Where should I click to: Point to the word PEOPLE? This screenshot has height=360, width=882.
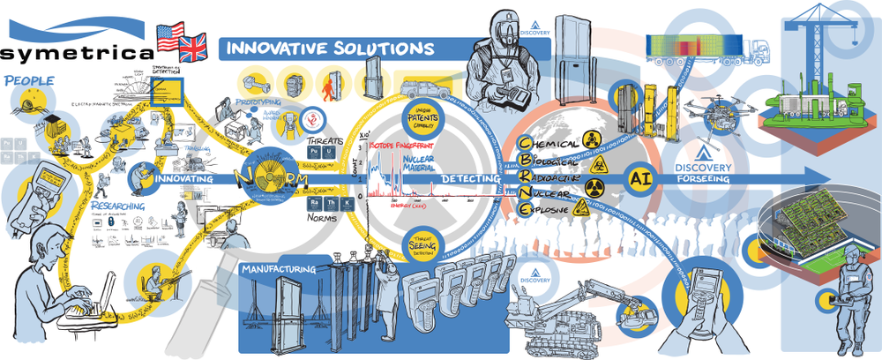[29, 82]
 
